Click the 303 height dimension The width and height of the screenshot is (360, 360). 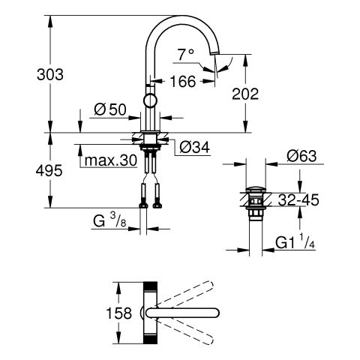(x=50, y=74)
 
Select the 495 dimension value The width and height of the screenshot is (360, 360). (x=49, y=171)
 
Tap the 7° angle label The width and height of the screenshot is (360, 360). (x=186, y=55)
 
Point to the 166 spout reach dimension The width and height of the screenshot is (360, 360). (x=183, y=82)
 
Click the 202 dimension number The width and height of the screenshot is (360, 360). (x=245, y=94)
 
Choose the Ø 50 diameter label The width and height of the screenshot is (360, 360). (x=110, y=109)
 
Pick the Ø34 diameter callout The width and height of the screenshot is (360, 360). (x=195, y=147)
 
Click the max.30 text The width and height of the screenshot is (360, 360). (x=111, y=160)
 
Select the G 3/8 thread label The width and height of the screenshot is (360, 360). (x=109, y=221)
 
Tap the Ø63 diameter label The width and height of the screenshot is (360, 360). (x=301, y=156)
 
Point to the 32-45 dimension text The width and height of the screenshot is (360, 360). (x=298, y=200)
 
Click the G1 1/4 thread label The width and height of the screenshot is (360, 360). (x=295, y=242)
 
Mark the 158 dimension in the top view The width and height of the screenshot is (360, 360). (x=119, y=313)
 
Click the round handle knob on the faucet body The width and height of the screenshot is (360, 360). (x=151, y=100)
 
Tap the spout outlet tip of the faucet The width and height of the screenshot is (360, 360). (x=215, y=52)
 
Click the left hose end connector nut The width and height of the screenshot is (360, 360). (x=143, y=205)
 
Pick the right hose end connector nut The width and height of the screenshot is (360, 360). (x=157, y=205)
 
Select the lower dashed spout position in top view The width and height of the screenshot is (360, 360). (x=185, y=331)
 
